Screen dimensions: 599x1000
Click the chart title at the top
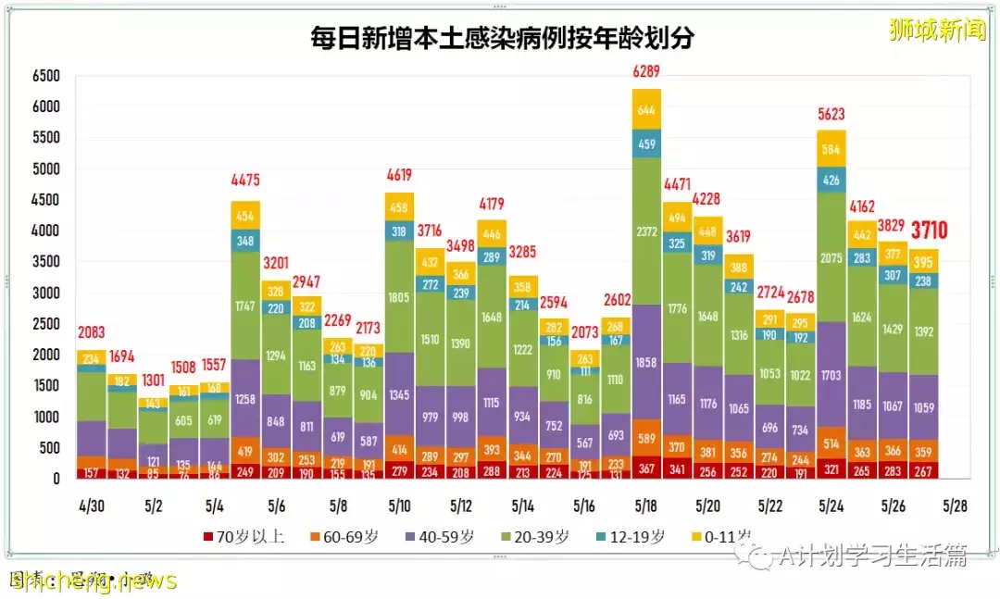503,38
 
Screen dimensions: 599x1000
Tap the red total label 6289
646,70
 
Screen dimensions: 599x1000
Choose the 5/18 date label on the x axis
646,506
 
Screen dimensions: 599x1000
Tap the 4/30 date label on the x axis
91,506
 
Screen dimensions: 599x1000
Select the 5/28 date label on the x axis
955,506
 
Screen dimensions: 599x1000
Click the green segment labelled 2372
646,231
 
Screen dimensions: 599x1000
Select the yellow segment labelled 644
646,109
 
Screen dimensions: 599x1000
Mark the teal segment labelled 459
646,144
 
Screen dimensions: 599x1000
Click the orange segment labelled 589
646,438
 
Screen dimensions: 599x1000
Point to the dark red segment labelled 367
646,468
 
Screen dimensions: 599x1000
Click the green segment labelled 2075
831,258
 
